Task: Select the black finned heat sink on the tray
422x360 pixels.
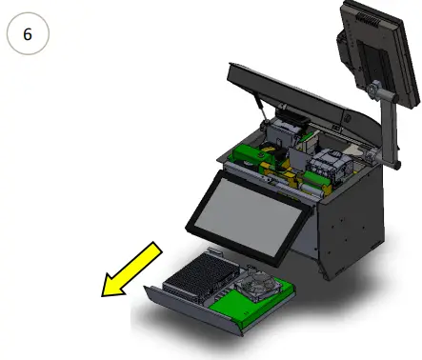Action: click(x=197, y=279)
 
